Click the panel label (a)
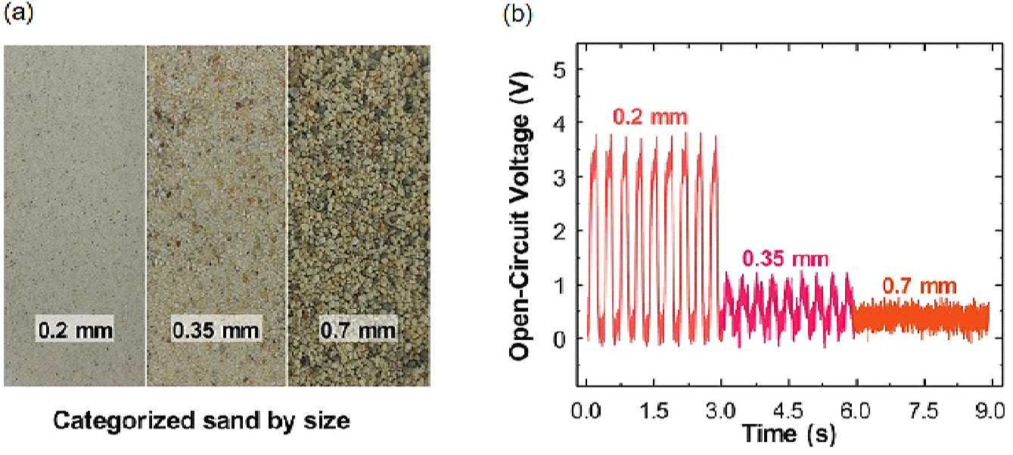[19, 14]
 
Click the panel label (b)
[517, 15]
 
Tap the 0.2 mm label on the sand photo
[75, 329]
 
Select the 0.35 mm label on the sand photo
[216, 329]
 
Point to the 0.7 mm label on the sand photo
[358, 329]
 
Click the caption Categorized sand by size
[202, 421]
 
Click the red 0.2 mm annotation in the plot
[651, 117]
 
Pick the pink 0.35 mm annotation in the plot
[785, 259]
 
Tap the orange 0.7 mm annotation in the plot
[919, 285]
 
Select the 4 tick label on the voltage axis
[560, 123]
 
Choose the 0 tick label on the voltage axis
[560, 338]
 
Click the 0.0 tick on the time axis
[586, 410]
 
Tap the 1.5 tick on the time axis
[654, 410]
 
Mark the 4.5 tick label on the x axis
[789, 410]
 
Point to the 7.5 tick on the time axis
[924, 410]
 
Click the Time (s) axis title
[789, 433]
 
